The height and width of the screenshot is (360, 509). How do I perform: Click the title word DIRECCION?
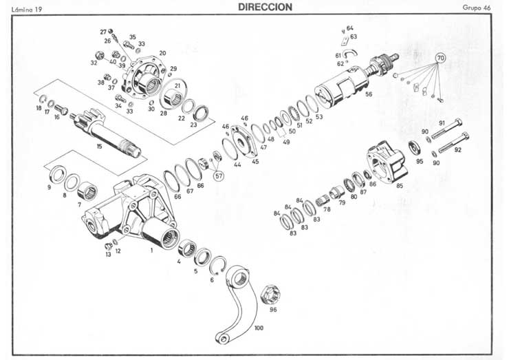coord(266,7)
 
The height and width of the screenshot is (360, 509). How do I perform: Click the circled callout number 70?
coord(440,59)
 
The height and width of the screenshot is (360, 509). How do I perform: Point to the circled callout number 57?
coord(219,176)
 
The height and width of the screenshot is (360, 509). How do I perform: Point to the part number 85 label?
coord(399,184)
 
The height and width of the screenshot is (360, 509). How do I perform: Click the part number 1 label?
coord(151,251)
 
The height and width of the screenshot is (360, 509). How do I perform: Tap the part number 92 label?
coord(458,149)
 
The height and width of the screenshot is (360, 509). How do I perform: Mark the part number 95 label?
coord(419,162)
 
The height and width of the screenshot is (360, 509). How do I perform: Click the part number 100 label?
coord(259,328)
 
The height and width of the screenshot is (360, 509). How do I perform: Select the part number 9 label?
coord(49,187)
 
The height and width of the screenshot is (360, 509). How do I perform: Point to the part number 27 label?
coord(103,32)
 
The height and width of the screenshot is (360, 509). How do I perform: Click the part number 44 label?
coord(237,165)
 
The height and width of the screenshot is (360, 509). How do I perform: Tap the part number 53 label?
coord(319,116)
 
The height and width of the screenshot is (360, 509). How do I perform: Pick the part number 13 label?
coord(108,255)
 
